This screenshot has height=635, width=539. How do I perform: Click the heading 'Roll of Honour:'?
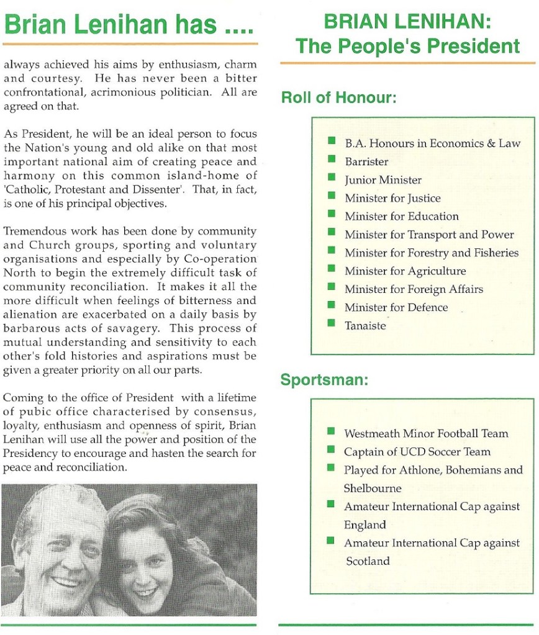pyautogui.click(x=338, y=97)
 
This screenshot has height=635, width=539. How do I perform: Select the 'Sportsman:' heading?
pyautogui.click(x=324, y=380)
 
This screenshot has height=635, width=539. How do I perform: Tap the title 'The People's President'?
pyautogui.click(x=407, y=46)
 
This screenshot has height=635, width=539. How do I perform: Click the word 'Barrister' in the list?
pyautogui.click(x=366, y=161)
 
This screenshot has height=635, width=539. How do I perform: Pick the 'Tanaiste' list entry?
pyautogui.click(x=365, y=326)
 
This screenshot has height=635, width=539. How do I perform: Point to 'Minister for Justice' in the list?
pyautogui.click(x=392, y=198)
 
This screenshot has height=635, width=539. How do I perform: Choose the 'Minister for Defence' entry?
pyautogui.click(x=396, y=307)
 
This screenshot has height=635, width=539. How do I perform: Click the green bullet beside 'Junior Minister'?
pyautogui.click(x=332, y=179)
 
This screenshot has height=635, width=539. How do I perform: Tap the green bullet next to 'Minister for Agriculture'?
pyautogui.click(x=332, y=270)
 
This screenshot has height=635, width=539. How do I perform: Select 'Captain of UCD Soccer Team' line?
pyautogui.click(x=417, y=451)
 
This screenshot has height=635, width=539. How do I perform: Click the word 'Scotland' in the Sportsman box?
pyautogui.click(x=368, y=561)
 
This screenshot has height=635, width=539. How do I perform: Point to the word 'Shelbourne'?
pyautogui.click(x=373, y=488)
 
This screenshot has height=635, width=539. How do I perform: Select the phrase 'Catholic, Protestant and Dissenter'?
pyautogui.click(x=84, y=191)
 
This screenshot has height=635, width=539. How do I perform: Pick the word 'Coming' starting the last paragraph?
pyautogui.click(x=22, y=397)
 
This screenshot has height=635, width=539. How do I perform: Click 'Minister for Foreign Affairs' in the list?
pyautogui.click(x=414, y=289)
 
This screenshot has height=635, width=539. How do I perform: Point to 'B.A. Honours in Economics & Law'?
pyautogui.click(x=433, y=143)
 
